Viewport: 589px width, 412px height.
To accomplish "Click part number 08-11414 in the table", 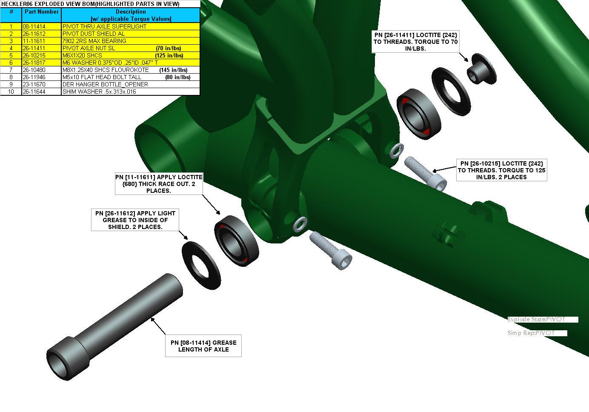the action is pos(34,26).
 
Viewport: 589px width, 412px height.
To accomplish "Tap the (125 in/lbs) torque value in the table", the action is pos(169,55).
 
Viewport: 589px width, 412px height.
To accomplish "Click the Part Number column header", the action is pos(42,12).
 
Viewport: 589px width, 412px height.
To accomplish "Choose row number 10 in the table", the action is pos(11,92).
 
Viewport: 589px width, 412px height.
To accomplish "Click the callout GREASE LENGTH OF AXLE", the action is pos(203,346).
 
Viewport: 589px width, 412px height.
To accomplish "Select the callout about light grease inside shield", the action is pos(135,220).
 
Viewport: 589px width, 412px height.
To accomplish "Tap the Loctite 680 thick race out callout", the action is pos(159,184).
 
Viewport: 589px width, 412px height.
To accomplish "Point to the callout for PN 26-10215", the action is pos(501,170).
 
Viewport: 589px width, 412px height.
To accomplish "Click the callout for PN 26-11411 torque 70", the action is pos(415,42).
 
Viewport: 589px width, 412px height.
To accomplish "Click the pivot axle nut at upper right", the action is pos(482,69).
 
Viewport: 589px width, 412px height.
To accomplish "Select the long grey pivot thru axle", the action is pos(114,327).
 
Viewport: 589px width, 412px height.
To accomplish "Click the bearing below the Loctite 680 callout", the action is pos(236,241).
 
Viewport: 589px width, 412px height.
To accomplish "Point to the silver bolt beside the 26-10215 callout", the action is pos(425,173).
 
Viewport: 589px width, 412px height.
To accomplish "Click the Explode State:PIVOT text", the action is pos(536,320).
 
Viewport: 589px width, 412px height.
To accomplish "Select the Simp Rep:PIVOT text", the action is pos(531,333).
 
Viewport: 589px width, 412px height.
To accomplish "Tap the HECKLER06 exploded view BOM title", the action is pos(90,4).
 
